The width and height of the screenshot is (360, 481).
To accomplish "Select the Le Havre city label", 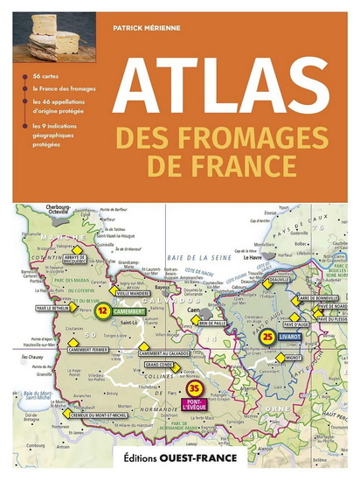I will pyautogui.click(x=252, y=258).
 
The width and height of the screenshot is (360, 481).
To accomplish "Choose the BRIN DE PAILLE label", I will pyautogui.click(x=212, y=324).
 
